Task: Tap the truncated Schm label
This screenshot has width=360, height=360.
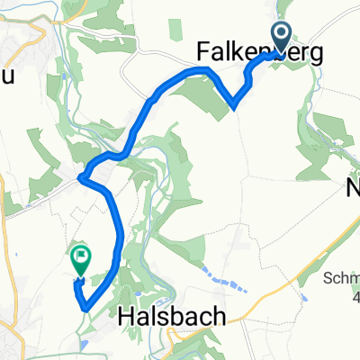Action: (345, 256)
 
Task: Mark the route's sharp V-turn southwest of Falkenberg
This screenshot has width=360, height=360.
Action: (234, 106)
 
